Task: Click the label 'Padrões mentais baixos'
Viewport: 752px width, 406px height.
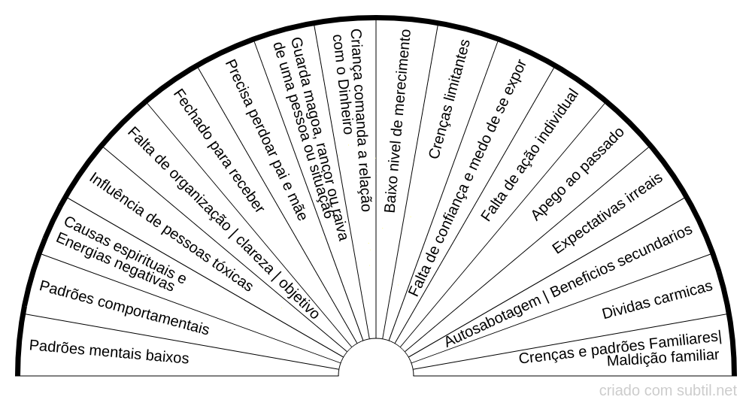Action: [x=109, y=351]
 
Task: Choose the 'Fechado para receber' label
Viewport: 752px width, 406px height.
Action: [x=219, y=150]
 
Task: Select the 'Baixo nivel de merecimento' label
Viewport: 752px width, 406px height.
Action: [x=396, y=120]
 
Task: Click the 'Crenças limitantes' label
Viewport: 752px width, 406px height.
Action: [x=449, y=98]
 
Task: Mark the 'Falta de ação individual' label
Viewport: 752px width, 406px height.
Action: [x=530, y=155]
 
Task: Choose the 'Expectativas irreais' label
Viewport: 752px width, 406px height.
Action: [x=607, y=214]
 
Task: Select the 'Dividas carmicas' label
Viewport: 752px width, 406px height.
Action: [x=657, y=301]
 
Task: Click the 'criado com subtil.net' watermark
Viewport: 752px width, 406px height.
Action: [x=668, y=391]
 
